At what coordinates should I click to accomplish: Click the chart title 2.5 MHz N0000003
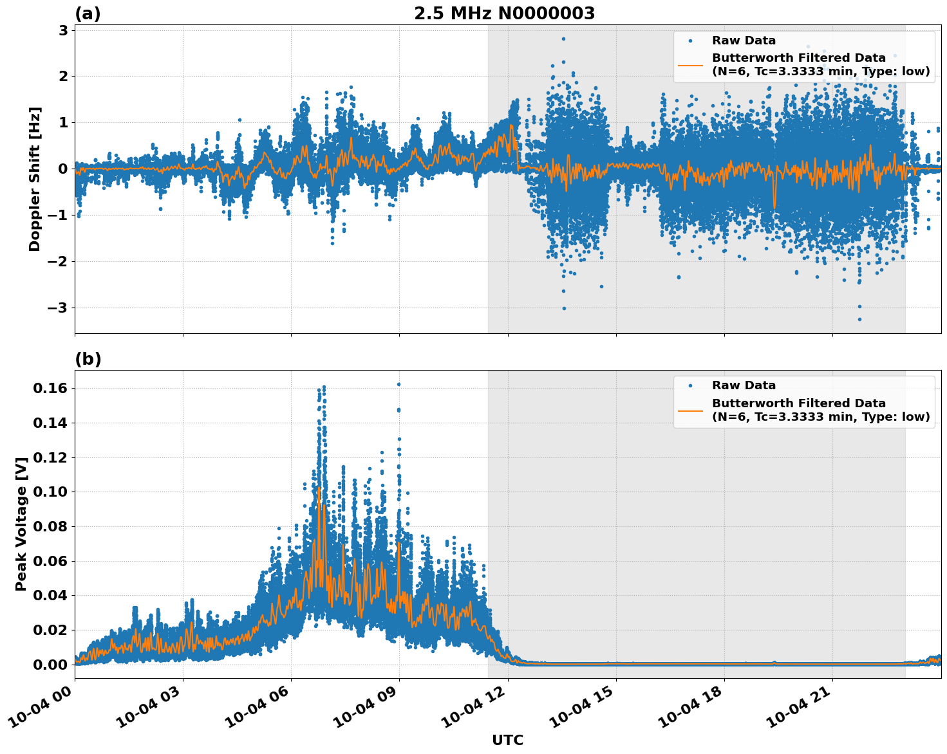[x=504, y=14]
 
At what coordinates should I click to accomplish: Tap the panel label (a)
[x=88, y=14]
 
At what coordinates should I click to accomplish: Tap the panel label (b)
[x=88, y=359]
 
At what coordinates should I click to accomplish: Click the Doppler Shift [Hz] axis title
[x=35, y=179]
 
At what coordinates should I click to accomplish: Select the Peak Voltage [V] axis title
[x=21, y=524]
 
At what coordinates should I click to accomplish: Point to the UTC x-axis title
[x=507, y=740]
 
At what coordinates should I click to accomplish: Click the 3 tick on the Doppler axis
[x=63, y=30]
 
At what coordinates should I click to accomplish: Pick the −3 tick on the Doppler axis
[x=58, y=308]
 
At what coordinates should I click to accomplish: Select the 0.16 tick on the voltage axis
[x=50, y=388]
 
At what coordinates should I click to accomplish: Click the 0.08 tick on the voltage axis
[x=50, y=526]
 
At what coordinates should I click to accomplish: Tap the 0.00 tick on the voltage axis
[x=50, y=665]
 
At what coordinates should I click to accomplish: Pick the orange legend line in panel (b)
[x=690, y=410]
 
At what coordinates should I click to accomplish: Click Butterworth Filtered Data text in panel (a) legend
[x=798, y=58]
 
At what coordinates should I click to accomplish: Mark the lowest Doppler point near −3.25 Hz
[x=859, y=319]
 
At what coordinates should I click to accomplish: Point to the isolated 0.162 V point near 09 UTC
[x=398, y=384]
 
